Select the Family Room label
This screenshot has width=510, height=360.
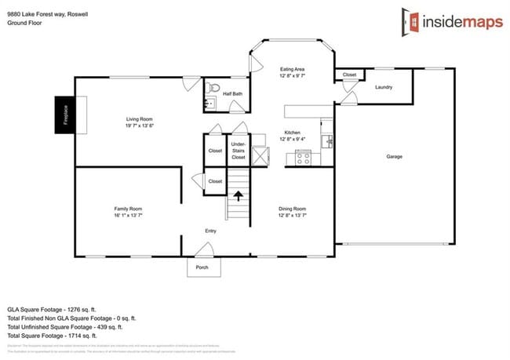[128, 211]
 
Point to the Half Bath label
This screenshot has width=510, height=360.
[231, 94]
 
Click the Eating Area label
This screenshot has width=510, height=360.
[292, 73]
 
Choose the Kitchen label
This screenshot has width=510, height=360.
[292, 136]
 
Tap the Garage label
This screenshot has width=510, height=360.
[394, 157]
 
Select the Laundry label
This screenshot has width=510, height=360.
[384, 87]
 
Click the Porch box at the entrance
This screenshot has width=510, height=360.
[202, 267]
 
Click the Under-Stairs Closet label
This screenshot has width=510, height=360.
[239, 151]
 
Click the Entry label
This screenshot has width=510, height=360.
[210, 231]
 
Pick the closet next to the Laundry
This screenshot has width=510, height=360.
[349, 75]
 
